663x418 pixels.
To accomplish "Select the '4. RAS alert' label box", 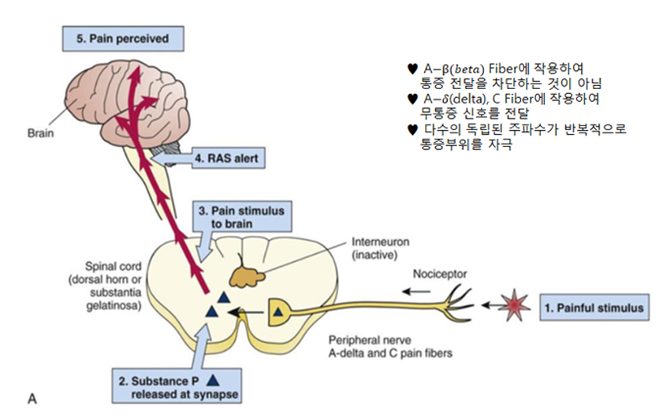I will tap(225, 159).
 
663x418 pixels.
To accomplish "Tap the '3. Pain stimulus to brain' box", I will tap(240, 218).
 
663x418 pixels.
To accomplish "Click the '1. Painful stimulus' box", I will tap(594, 308).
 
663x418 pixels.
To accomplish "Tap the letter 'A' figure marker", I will tap(32, 399).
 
